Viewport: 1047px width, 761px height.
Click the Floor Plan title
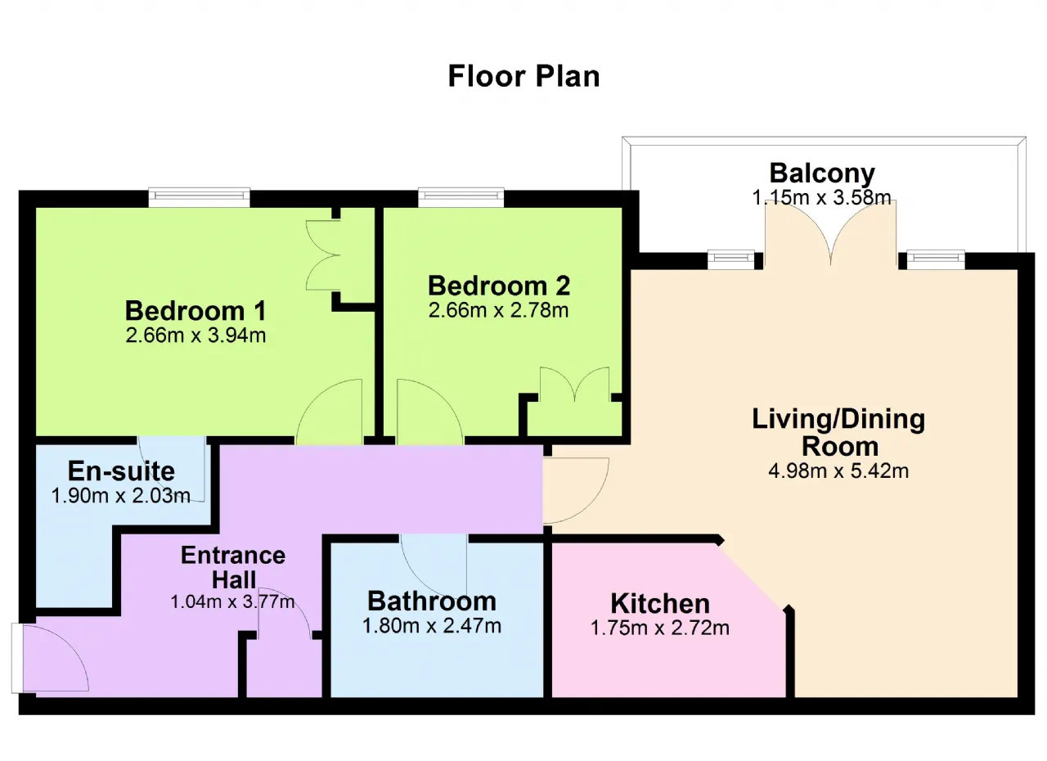point(523,76)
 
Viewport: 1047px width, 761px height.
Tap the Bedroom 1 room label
point(195,311)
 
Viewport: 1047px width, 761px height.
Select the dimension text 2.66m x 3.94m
point(195,335)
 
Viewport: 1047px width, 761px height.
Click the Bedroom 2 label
point(499,286)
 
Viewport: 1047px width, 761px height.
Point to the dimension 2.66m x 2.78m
point(499,310)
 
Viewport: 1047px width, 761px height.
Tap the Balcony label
point(822,173)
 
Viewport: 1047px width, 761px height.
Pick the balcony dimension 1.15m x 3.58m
point(822,197)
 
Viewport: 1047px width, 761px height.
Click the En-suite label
point(121,471)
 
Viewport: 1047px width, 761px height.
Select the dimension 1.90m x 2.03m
point(120,496)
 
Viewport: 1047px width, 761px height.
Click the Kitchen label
point(660,603)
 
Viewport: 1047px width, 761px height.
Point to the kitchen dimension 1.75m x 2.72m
point(660,628)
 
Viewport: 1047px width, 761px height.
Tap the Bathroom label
point(432,601)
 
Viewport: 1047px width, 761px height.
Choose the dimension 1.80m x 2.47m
point(432,626)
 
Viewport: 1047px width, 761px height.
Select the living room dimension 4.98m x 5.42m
point(838,471)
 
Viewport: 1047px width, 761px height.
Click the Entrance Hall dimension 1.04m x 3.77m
point(233,601)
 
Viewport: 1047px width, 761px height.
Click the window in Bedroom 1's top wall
point(199,197)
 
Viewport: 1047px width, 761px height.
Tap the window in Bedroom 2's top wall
point(461,197)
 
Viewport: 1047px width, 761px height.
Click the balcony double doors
point(830,234)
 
